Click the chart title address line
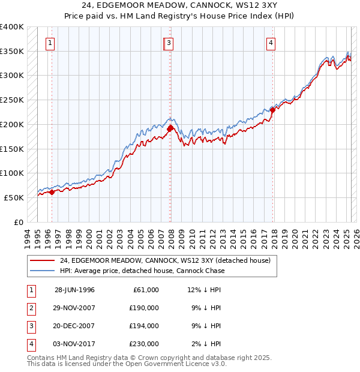(x=179, y=7)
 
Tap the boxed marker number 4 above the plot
(x=271, y=43)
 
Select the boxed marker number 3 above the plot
(x=169, y=43)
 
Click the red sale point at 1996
(x=52, y=192)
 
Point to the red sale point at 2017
(x=272, y=110)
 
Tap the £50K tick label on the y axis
(x=14, y=197)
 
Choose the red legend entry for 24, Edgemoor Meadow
(x=165, y=260)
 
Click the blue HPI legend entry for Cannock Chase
(x=142, y=271)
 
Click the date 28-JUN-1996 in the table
(x=74, y=290)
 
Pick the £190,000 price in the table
(x=144, y=308)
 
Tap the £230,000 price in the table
(x=144, y=344)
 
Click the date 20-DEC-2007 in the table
(x=74, y=326)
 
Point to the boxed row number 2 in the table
(x=31, y=308)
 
